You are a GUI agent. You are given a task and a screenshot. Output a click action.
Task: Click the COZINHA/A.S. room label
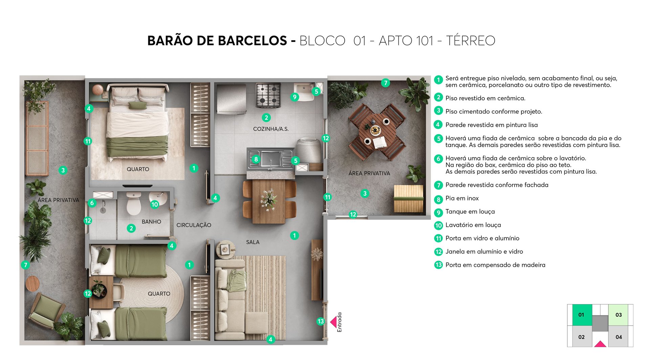click(x=271, y=129)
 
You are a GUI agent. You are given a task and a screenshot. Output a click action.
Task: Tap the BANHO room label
click(x=151, y=222)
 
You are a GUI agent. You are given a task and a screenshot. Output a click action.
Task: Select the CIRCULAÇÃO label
click(x=194, y=225)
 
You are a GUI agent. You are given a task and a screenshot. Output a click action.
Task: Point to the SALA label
click(x=253, y=242)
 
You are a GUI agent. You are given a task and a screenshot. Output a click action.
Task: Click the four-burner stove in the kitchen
click(x=268, y=95)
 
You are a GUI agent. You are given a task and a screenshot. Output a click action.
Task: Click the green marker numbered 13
click(x=321, y=321)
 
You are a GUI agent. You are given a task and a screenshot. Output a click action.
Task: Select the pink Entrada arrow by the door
click(x=333, y=322)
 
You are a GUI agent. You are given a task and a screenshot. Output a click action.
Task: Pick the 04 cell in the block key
click(x=619, y=337)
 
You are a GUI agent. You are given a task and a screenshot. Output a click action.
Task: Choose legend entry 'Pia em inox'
click(x=462, y=198)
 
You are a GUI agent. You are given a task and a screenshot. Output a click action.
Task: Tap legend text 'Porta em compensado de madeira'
click(x=495, y=265)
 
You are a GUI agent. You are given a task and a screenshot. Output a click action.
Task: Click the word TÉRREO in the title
click(x=470, y=41)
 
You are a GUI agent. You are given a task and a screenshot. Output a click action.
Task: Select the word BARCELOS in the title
click(x=252, y=41)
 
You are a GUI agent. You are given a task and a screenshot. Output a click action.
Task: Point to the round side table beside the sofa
click(x=225, y=250)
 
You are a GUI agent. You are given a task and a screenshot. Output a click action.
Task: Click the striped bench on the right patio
click(x=408, y=198)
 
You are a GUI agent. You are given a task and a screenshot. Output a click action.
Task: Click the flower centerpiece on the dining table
click(x=269, y=200)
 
